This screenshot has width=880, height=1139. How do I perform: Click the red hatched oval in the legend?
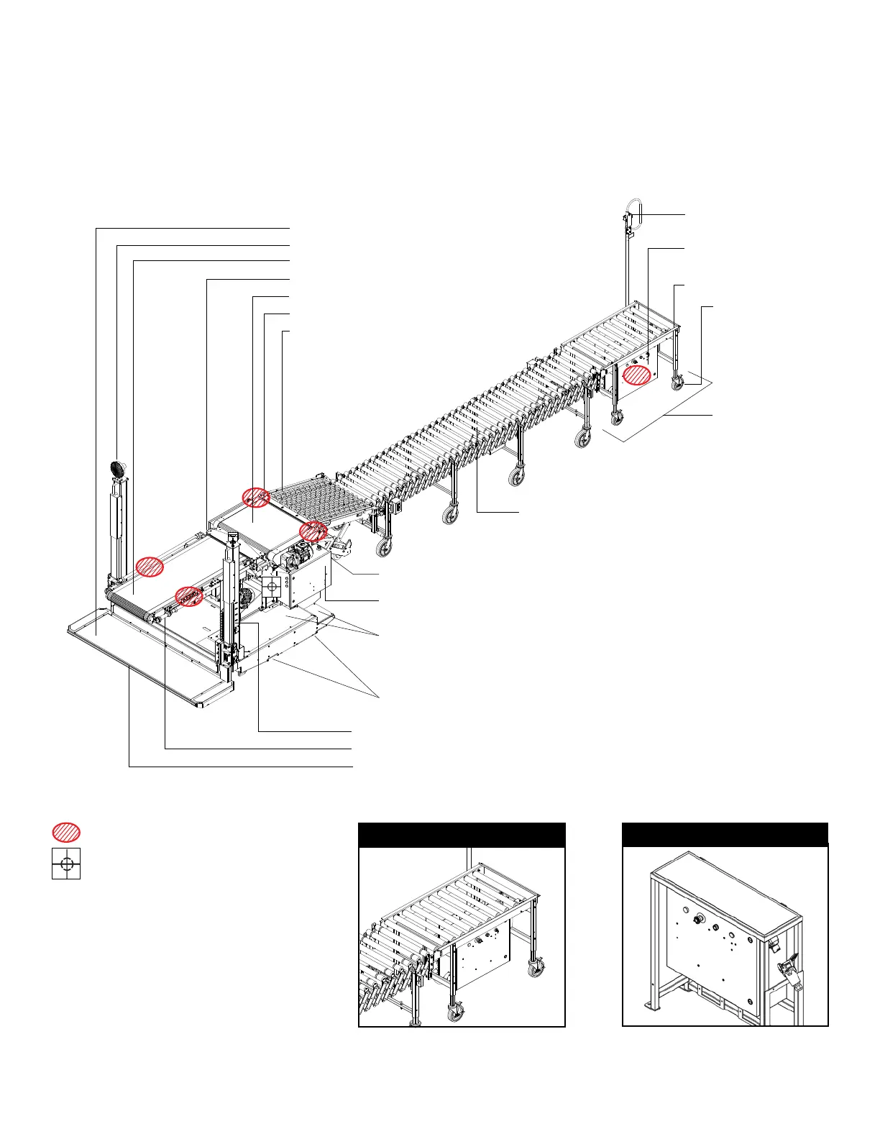[65, 832]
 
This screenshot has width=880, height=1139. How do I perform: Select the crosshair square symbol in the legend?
[66, 864]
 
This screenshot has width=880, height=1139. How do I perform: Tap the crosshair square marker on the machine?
[272, 586]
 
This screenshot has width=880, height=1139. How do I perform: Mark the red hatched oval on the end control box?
[637, 375]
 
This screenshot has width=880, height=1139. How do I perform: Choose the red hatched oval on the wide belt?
[150, 567]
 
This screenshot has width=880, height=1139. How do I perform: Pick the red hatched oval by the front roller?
[189, 596]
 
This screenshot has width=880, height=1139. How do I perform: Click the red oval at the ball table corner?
[255, 496]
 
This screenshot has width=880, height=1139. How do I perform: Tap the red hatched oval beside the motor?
[313, 531]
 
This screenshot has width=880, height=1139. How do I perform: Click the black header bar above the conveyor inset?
[462, 836]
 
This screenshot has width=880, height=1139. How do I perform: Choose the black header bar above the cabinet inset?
[725, 836]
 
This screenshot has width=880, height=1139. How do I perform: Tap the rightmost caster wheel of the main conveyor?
[677, 383]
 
